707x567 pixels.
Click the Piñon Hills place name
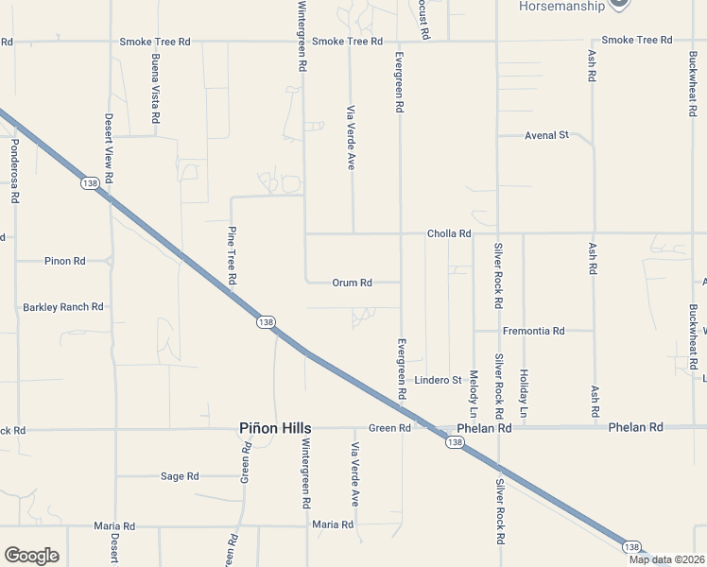tap(275, 428)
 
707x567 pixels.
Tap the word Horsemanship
tap(561, 7)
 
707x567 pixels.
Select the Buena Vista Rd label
tap(155, 89)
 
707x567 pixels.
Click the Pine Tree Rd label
tap(232, 255)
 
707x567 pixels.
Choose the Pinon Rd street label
tap(64, 261)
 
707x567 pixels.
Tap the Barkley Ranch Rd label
tap(62, 307)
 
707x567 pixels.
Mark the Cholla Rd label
tap(448, 233)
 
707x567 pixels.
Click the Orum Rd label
tap(352, 283)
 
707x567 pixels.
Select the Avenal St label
tap(546, 135)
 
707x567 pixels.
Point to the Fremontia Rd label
tap(533, 331)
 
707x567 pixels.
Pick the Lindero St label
tap(438, 380)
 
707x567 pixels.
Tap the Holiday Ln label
tap(523, 394)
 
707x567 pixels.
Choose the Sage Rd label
tap(180, 476)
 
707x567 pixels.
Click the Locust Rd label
tap(425, 19)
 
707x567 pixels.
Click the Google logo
tap(31, 556)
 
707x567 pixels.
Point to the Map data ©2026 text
tap(666, 559)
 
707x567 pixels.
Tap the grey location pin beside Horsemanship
tap(619, 4)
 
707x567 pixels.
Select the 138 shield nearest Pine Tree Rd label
tap(266, 322)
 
